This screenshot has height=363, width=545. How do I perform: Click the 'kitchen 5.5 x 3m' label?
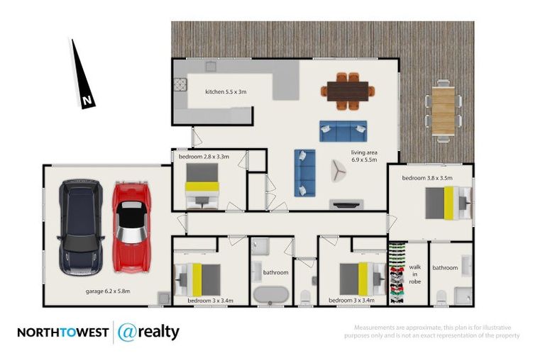(226, 91)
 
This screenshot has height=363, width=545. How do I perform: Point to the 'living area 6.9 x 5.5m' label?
(366, 157)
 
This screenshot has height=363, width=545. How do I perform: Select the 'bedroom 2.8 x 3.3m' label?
(204, 156)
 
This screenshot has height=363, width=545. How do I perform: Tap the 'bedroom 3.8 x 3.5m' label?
(427, 178)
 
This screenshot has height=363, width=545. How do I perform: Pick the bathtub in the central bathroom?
(269, 294)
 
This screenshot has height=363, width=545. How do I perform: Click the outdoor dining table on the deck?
(444, 110)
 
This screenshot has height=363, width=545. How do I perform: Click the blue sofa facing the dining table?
(343, 130)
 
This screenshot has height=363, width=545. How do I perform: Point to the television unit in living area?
(346, 204)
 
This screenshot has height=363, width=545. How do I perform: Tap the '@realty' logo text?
(148, 332)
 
